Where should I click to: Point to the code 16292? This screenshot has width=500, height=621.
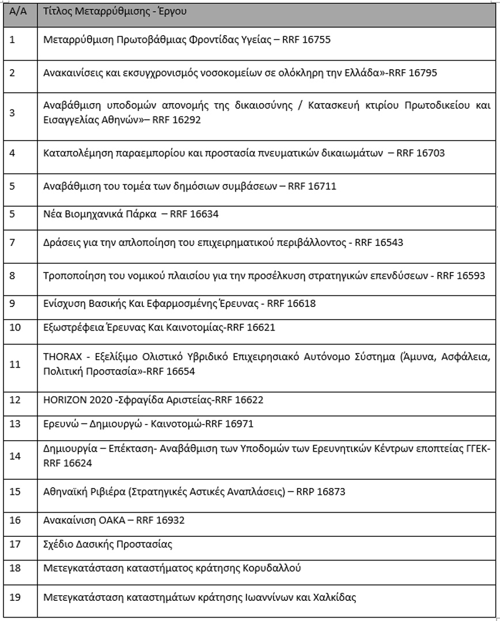185,120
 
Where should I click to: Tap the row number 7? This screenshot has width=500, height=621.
13,242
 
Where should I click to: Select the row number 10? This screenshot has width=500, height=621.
15,328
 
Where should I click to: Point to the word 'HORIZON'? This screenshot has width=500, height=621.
63,399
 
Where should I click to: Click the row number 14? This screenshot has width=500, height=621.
15,456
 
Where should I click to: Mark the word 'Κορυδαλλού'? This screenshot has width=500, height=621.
271,569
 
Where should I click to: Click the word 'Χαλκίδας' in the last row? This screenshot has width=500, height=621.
336,597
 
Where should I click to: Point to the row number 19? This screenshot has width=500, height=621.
15,597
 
